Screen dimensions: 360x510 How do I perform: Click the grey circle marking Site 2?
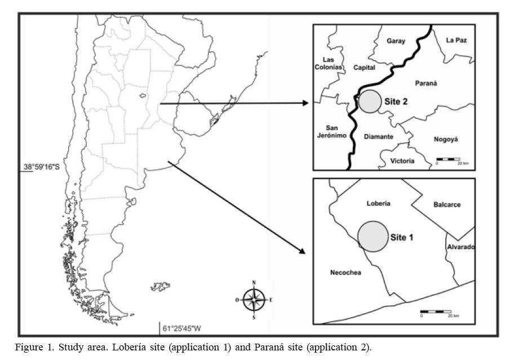tap(370, 101)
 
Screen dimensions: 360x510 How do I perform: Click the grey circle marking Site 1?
tap(373, 235)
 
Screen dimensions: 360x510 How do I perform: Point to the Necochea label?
tap(345, 273)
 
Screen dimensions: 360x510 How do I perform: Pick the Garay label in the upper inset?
tap(396, 41)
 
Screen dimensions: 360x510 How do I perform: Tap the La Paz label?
tap(456, 40)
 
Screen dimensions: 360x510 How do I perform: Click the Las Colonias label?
tap(329, 63)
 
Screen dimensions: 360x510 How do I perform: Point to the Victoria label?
tap(402, 161)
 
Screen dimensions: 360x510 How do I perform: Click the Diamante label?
tap(378, 137)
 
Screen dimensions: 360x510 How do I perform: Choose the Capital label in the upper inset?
tap(364, 68)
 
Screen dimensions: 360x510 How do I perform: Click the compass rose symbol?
tap(254, 299)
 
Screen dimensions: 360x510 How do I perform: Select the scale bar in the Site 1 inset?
tap(435, 312)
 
